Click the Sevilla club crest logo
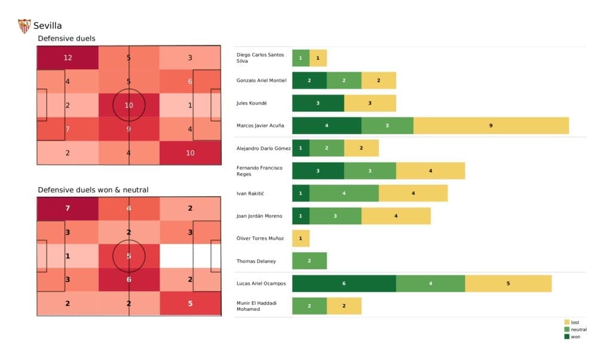coord(24,26)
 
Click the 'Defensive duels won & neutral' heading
coord(93,190)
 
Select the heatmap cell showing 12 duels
coord(68,58)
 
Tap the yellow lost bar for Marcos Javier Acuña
coord(491,126)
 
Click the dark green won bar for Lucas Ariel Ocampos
coord(344,283)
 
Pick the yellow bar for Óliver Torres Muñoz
coord(301,239)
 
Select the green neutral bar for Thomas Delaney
coord(309,261)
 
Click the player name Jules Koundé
coord(252,103)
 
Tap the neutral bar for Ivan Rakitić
coord(344,193)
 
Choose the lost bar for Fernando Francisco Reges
coord(430,171)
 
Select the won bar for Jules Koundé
coord(318,103)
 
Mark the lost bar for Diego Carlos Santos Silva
coord(318,58)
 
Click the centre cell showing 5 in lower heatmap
coord(129,256)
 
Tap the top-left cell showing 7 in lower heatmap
coord(68,209)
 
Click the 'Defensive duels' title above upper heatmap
coord(66,39)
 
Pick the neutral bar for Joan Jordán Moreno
coord(335,216)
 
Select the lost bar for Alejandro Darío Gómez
coord(361,148)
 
